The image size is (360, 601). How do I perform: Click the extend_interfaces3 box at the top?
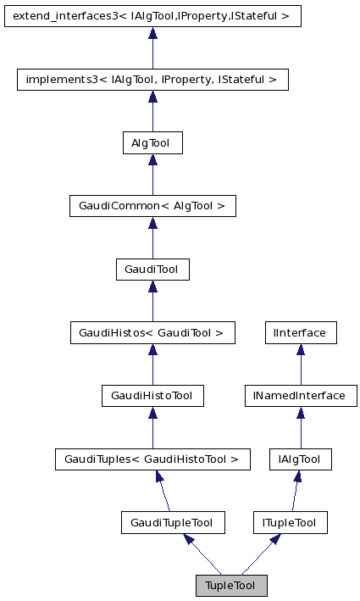(152, 16)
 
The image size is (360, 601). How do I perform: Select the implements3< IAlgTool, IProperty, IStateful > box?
(152, 80)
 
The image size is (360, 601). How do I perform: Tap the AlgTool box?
(152, 143)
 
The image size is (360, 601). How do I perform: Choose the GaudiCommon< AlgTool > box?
(152, 206)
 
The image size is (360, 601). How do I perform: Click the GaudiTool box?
(152, 270)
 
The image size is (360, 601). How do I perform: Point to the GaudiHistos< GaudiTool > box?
(152, 333)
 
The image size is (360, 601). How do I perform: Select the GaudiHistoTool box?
(152, 396)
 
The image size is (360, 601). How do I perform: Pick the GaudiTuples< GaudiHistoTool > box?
(152, 459)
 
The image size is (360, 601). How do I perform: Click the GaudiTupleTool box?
(173, 523)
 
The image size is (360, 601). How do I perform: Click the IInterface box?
(300, 333)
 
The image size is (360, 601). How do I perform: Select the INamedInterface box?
(300, 396)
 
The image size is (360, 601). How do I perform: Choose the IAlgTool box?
(300, 459)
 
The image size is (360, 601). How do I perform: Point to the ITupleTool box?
(290, 523)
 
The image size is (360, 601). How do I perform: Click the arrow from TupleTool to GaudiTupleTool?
(203, 555)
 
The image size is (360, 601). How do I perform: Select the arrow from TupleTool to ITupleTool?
(259, 555)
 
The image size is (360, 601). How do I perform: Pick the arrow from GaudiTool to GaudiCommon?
(152, 238)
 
